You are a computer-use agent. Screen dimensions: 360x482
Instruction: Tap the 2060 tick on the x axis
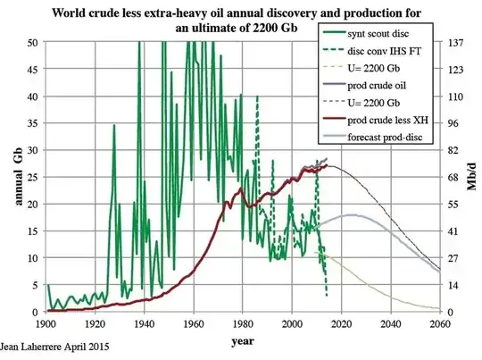[x=438, y=322]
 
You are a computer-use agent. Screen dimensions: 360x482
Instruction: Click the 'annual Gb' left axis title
[x=13, y=178]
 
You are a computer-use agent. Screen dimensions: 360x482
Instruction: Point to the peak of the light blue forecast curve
[x=353, y=214]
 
